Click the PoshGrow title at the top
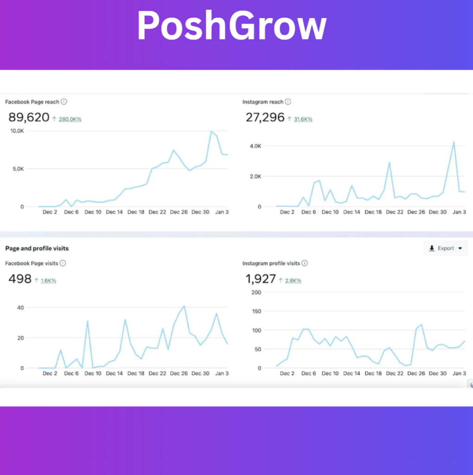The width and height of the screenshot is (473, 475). click(x=232, y=26)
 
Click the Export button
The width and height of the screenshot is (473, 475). click(x=446, y=249)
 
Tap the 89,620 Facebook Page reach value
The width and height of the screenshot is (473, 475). click(x=29, y=117)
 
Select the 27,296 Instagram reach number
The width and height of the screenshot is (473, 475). click(x=265, y=117)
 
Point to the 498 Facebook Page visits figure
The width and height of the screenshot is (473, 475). click(x=20, y=279)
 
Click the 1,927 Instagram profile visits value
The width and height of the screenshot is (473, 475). click(x=261, y=279)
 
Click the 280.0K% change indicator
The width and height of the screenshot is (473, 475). click(x=70, y=119)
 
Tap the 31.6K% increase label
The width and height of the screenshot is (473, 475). click(x=303, y=119)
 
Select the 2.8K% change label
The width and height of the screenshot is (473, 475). click(x=293, y=281)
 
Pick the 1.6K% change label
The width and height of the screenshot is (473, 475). click(x=48, y=281)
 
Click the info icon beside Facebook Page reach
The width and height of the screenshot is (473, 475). click(x=64, y=102)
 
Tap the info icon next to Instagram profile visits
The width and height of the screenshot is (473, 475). click(x=305, y=263)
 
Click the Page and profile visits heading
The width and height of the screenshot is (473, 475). click(x=37, y=249)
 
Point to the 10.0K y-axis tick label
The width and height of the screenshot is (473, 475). click(x=17, y=131)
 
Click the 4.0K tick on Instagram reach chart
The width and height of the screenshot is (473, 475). click(x=255, y=146)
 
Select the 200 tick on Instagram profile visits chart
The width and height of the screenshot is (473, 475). click(x=256, y=292)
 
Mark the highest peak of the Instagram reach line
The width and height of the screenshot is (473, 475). click(x=454, y=142)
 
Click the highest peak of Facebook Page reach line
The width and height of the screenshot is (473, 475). click(x=211, y=131)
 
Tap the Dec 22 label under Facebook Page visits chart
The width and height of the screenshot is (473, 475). click(x=157, y=373)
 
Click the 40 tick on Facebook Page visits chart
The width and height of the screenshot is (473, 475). click(x=20, y=308)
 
